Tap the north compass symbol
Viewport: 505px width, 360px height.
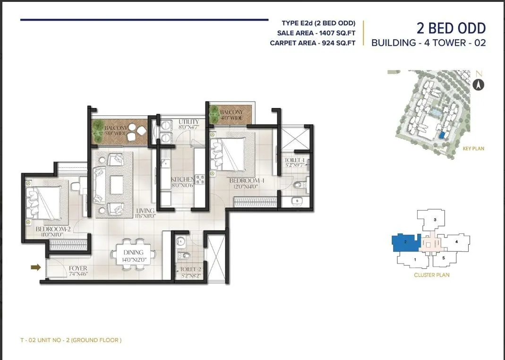[x=479, y=85]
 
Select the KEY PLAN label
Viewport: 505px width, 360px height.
[x=473, y=148]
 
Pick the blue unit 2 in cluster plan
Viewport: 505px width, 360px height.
[x=406, y=242]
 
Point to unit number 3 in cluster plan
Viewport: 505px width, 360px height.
[x=435, y=220]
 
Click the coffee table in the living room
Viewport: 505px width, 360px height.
[x=117, y=184]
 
